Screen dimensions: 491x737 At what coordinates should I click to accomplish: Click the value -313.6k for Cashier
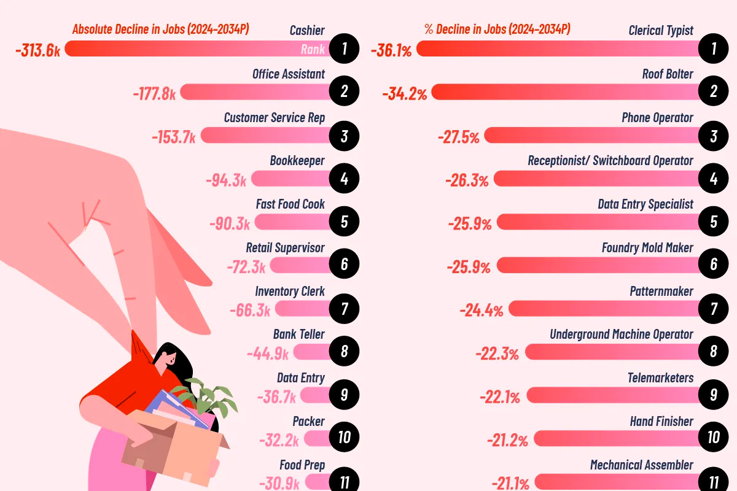point(38,50)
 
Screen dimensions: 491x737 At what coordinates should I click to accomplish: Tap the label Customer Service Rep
point(274,117)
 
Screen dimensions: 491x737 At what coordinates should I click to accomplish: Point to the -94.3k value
point(227,180)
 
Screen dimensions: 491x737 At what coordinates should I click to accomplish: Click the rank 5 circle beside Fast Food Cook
point(344,222)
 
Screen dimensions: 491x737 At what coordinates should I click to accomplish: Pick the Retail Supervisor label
point(285,248)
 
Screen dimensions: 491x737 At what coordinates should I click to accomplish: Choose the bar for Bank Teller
point(311,352)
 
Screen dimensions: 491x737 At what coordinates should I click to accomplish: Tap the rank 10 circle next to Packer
point(344,438)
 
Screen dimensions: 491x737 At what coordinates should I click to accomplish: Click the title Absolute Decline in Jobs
point(161,29)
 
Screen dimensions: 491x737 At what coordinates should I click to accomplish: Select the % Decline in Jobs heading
point(497,29)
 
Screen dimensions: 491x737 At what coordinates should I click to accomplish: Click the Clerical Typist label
point(661,31)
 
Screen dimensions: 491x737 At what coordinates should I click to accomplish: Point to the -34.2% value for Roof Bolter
point(404,94)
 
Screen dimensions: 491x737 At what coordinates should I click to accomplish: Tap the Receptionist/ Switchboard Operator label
point(610,161)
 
